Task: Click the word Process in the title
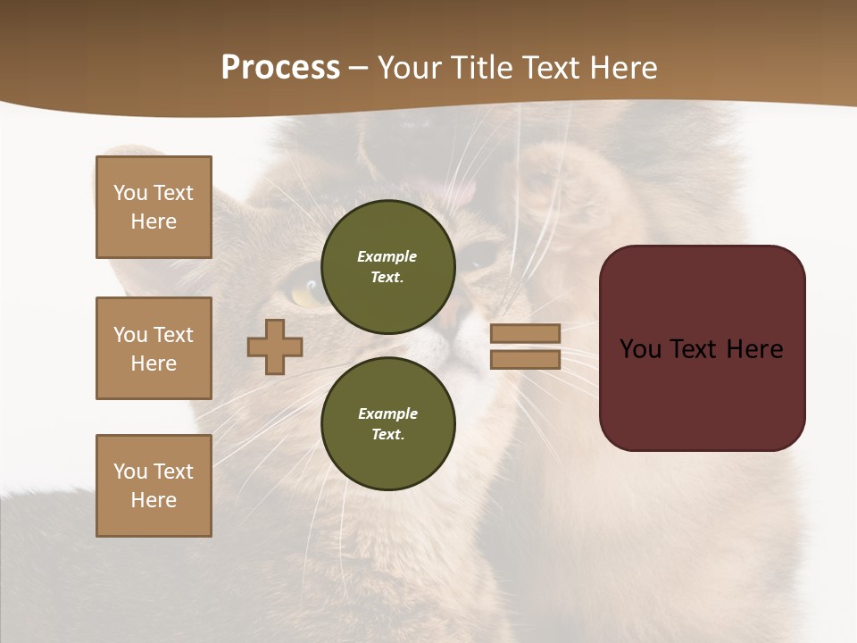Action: click(280, 68)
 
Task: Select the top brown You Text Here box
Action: click(154, 207)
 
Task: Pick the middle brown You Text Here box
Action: click(154, 348)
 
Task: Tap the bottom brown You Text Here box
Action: click(154, 485)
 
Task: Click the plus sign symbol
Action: click(275, 347)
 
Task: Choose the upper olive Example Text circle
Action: click(387, 266)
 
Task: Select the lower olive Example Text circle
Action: click(387, 423)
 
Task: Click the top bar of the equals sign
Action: click(525, 333)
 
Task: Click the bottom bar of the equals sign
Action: click(525, 359)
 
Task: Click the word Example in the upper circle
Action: click(387, 256)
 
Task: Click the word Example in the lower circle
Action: click(387, 413)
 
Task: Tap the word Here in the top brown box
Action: click(154, 221)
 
